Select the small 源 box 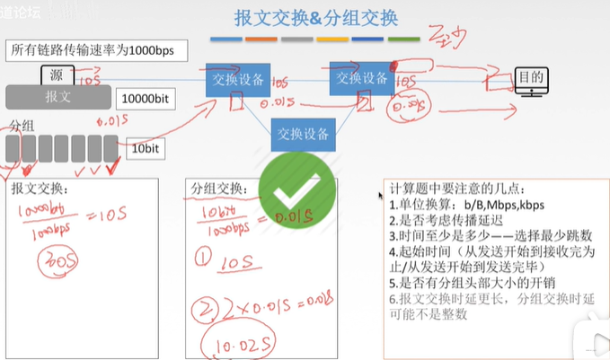(55, 75)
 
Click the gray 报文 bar (57, 96)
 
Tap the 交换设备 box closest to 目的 (363, 79)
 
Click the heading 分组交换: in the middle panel (220, 190)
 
